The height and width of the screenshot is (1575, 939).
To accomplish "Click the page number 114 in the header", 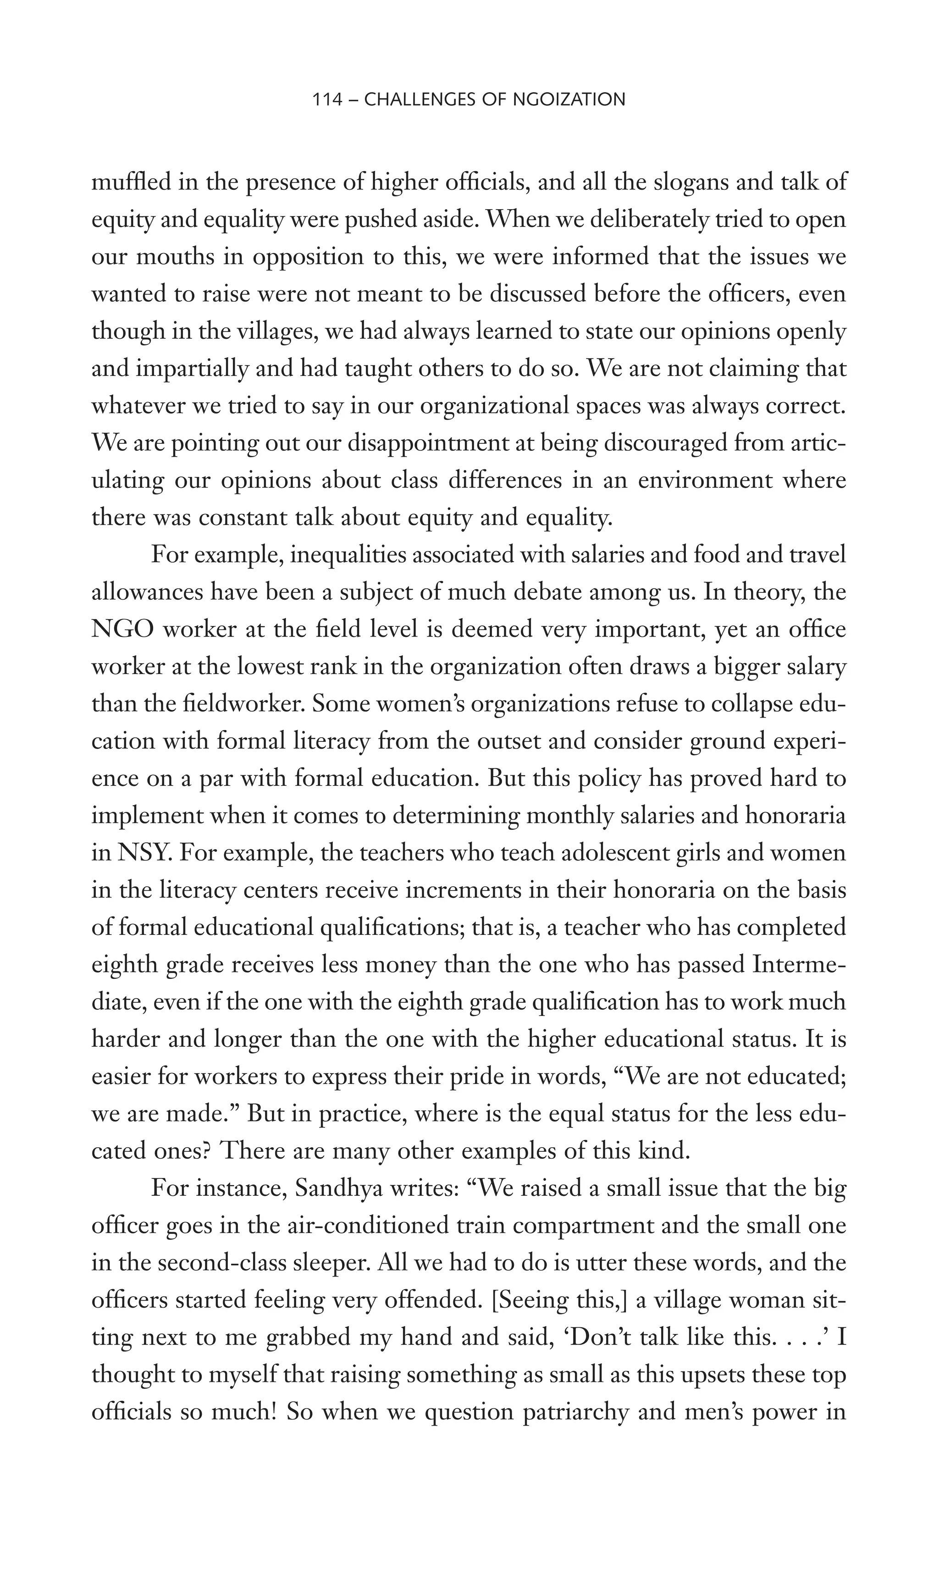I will click(327, 99).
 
